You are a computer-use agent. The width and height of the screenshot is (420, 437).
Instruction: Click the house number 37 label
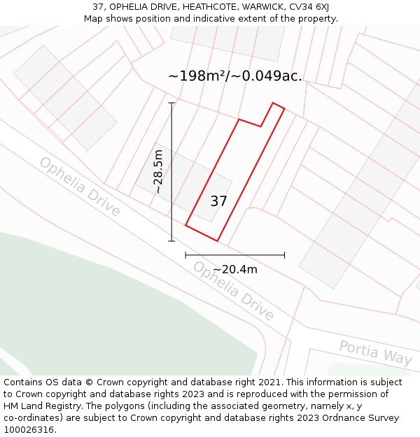[218, 201]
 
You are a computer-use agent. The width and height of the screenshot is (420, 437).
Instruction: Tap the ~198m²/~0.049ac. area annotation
[235, 76]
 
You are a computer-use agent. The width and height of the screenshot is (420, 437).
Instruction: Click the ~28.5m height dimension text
[159, 171]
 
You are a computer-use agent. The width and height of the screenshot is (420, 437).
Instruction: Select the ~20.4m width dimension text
[235, 269]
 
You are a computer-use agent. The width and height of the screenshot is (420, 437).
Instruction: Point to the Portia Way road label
[375, 352]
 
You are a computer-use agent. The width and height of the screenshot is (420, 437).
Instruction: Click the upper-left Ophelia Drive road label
[80, 186]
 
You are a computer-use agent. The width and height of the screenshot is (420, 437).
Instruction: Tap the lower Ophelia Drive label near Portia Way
[234, 290]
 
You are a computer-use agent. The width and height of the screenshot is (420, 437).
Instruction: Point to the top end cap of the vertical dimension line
[171, 103]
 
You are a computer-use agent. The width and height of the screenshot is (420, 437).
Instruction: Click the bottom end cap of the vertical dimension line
[171, 241]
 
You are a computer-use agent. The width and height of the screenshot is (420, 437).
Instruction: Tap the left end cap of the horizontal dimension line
[185, 255]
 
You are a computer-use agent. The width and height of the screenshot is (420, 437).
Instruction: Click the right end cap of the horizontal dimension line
[284, 255]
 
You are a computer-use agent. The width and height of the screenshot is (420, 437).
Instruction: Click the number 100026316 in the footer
[27, 430]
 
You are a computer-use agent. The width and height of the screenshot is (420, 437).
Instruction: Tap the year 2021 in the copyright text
[269, 382]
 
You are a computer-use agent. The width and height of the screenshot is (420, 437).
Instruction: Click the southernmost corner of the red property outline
[218, 241]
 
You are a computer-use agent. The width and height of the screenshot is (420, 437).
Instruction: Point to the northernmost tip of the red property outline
[273, 103]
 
